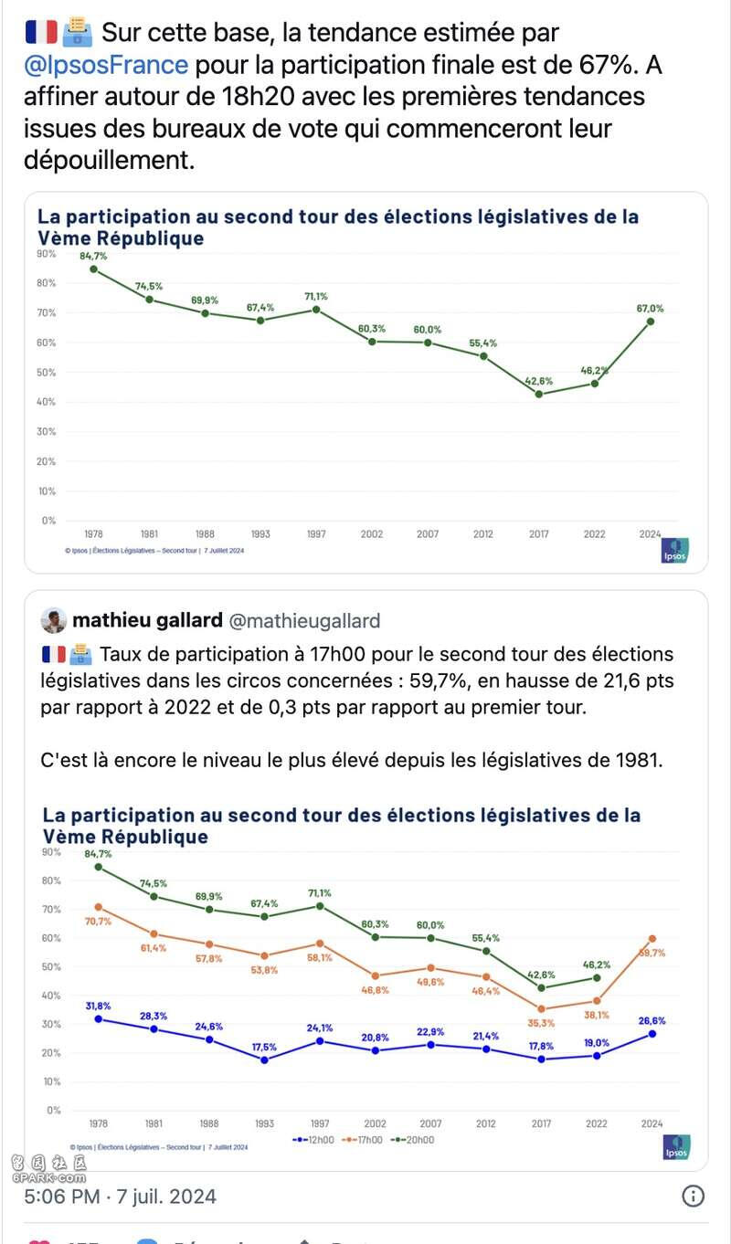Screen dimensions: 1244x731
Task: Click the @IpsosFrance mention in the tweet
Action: pos(106,65)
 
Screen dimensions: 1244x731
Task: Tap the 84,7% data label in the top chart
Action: pos(93,256)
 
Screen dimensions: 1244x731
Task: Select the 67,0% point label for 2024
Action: pos(651,309)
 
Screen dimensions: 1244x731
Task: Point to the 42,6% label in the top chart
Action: pos(538,381)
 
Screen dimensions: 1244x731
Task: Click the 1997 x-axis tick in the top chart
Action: pos(316,533)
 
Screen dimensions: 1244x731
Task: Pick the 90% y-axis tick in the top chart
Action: pos(46,253)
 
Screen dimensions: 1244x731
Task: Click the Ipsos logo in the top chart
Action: pos(674,551)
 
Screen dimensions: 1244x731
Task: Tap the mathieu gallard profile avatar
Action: pos(54,621)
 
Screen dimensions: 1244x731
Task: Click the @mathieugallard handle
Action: pos(303,621)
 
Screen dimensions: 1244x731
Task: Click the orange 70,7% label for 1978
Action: pos(98,921)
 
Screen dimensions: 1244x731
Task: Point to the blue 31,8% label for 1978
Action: pos(98,1006)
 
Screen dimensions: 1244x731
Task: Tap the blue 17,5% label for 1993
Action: pos(265,1046)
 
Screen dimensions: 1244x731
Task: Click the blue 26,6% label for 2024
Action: pos(651,1021)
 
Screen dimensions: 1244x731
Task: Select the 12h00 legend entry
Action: pos(315,1140)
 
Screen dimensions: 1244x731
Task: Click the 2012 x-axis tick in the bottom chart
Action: pos(486,1123)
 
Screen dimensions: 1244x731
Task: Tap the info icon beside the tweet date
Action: pos(694,1196)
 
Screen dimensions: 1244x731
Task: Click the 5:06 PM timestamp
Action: pos(60,1196)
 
